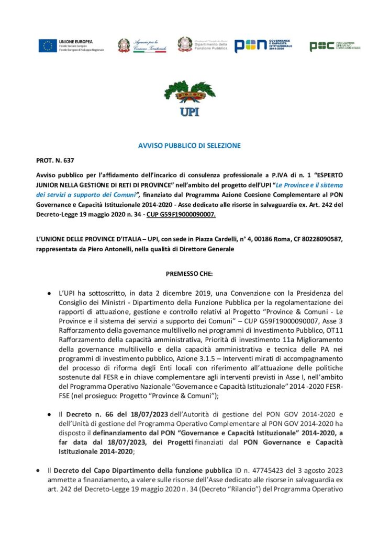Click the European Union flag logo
click(x=47, y=45)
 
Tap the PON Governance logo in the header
click(x=263, y=45)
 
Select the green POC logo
click(x=335, y=46)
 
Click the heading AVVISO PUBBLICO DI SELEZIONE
click(x=189, y=146)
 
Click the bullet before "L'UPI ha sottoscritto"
click(x=49, y=293)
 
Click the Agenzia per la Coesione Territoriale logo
click(x=142, y=45)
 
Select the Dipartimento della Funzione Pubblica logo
click(x=202, y=45)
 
